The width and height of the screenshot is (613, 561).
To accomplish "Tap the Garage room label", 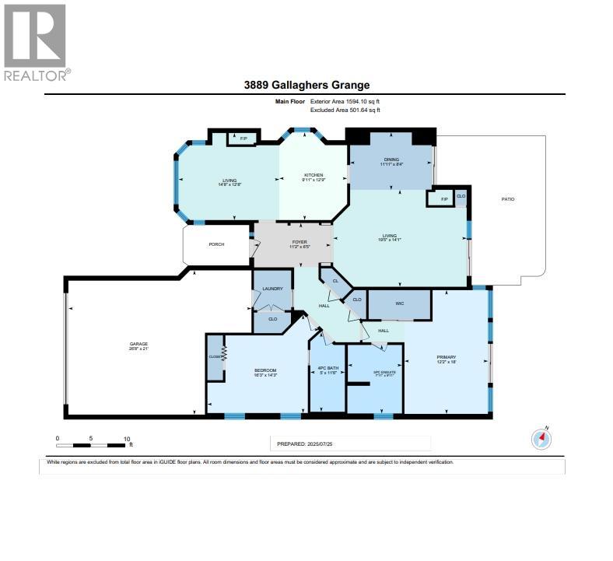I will coord(138,344).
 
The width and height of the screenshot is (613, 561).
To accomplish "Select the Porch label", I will coord(216,244).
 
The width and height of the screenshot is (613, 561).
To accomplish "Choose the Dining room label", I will coord(391,161).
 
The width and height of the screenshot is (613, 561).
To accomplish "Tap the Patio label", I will coord(507,199).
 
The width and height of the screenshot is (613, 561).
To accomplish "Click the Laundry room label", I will coord(272,289).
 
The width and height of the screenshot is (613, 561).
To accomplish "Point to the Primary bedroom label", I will coord(446,359).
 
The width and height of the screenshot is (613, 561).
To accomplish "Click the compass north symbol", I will coord(541,439).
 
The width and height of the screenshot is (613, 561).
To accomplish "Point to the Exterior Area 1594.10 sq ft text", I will coord(345,101).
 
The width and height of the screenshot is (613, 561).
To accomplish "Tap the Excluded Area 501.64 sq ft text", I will coord(345,110).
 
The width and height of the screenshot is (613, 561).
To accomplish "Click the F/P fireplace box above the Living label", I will coord(243,138).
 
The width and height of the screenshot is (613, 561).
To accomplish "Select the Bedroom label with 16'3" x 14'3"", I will coord(265,372).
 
